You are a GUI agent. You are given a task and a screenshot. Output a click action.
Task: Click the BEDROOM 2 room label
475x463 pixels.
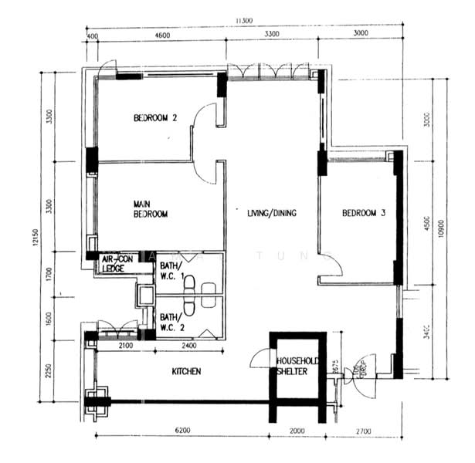[x=155, y=118]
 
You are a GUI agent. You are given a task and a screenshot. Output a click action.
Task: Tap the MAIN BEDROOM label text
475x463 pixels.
[x=149, y=208]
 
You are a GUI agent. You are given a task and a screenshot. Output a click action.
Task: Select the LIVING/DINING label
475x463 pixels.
[x=267, y=214]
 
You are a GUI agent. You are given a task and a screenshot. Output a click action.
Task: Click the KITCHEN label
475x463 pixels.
[x=186, y=372]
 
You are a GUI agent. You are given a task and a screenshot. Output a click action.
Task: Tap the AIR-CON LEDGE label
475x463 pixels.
[x=115, y=265]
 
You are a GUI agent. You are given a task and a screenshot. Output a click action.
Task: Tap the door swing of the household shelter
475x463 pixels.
[x=258, y=359]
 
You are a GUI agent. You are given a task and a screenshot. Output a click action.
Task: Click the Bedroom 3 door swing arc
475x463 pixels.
[x=331, y=265]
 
